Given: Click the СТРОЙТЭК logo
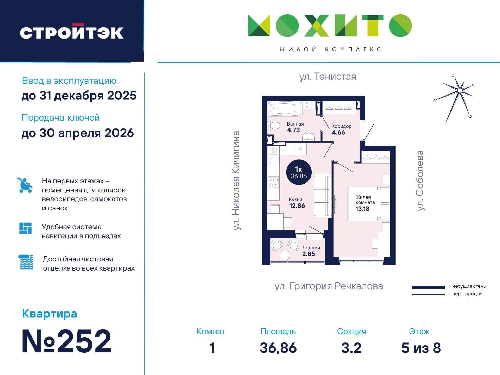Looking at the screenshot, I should (72, 32).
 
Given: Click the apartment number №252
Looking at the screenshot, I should (67, 341).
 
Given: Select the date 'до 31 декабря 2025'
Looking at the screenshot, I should (79, 96).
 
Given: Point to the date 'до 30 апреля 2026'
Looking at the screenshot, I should (78, 133).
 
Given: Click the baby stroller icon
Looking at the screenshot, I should (25, 185).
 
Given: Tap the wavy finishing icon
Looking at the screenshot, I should (26, 262).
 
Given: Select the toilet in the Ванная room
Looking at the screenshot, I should (274, 126).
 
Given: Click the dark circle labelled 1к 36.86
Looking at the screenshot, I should (299, 172).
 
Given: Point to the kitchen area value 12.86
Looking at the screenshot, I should (297, 206).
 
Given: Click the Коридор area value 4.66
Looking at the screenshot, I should (338, 132).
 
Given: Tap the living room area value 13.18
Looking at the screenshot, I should (362, 209).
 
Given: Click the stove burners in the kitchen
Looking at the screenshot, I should (273, 182).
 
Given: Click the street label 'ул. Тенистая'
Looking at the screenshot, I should (328, 77).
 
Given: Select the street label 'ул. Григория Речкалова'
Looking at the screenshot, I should (329, 286).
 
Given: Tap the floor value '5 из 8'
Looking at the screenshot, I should (421, 348).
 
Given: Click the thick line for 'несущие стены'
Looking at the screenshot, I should (428, 287).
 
